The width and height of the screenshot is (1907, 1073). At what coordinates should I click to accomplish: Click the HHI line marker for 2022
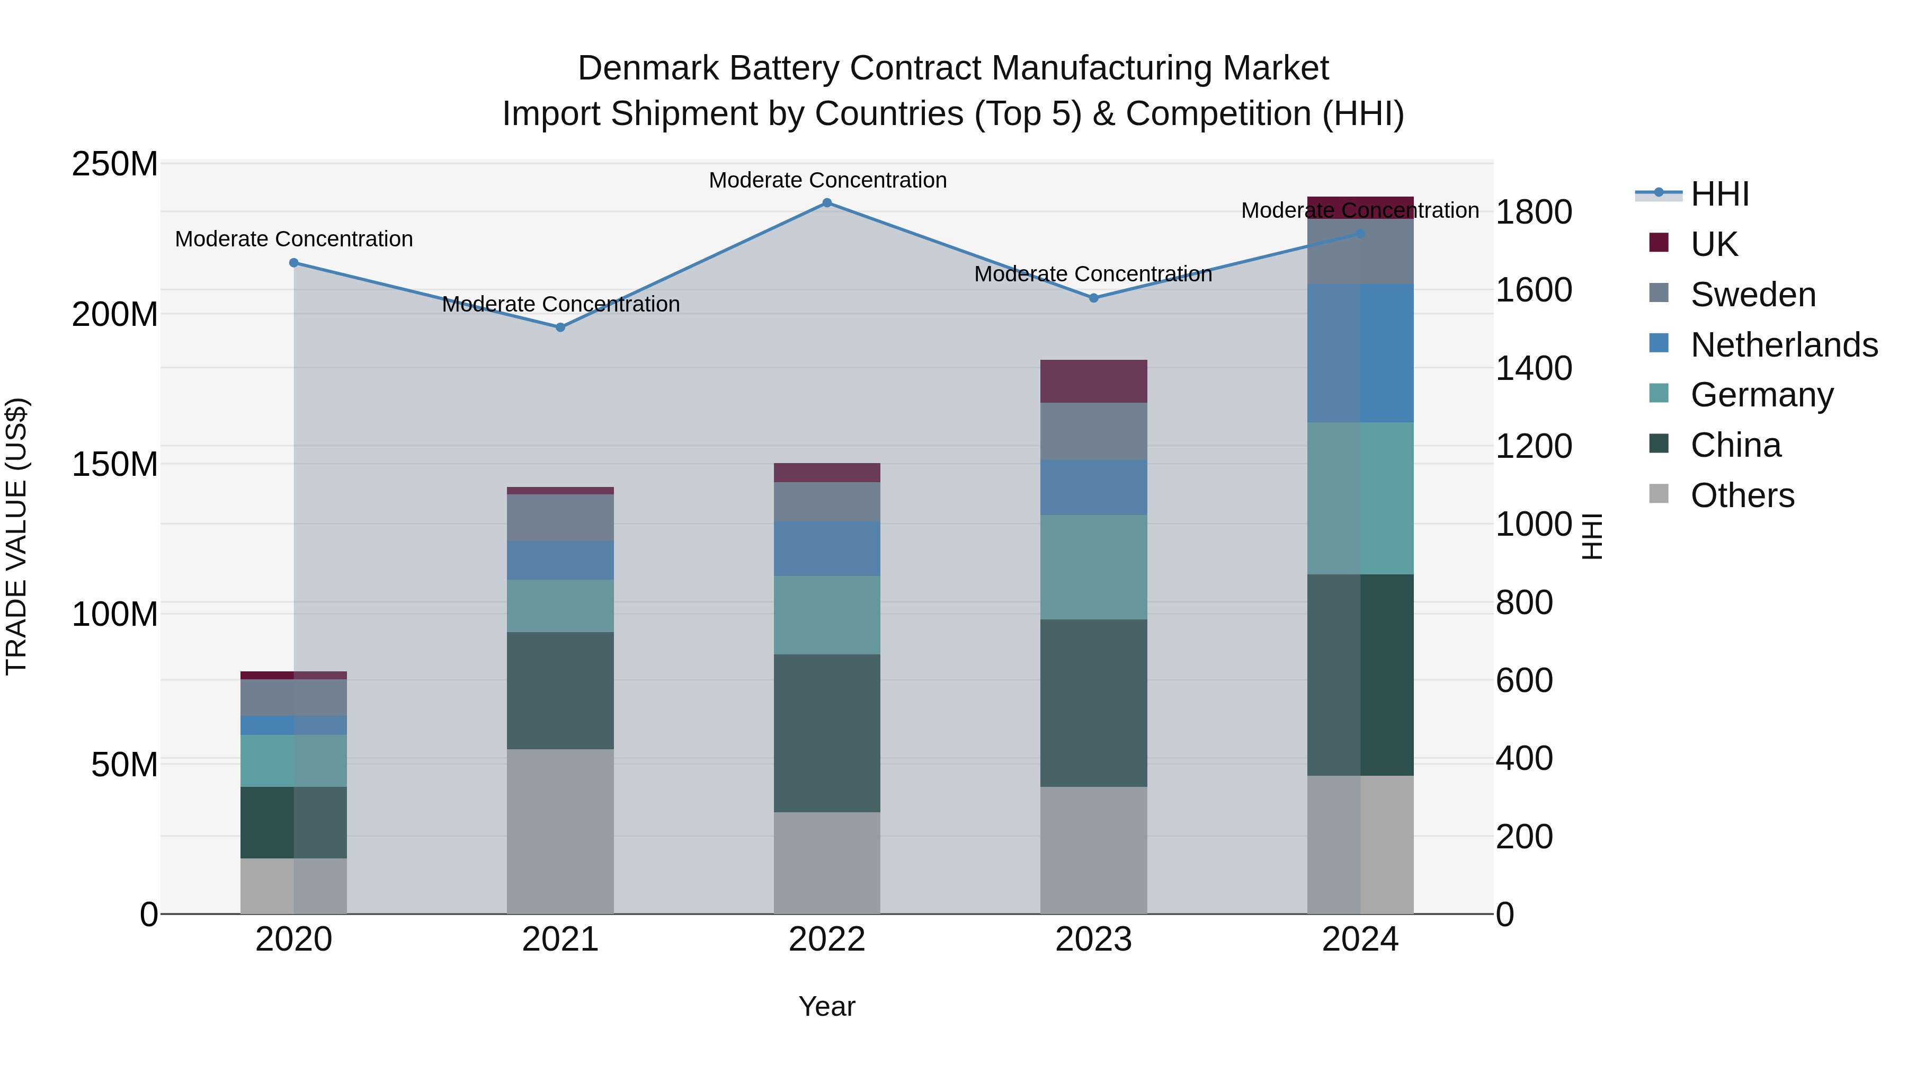(827, 203)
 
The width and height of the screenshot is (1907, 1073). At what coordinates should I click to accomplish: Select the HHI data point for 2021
(560, 327)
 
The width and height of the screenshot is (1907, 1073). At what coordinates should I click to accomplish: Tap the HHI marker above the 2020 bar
(294, 263)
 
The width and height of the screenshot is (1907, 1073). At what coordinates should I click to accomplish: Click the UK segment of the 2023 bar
(1093, 382)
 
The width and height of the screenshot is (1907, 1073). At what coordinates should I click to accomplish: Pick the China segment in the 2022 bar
(827, 733)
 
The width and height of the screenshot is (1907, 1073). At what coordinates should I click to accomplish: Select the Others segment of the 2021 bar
(560, 831)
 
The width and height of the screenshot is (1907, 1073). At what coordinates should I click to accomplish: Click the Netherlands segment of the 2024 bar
(1360, 353)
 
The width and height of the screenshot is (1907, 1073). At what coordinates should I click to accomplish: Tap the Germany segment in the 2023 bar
(1093, 567)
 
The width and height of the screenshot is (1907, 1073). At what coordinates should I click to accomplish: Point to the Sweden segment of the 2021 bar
(560, 518)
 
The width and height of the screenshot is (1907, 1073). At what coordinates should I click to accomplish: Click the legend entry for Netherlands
(1784, 345)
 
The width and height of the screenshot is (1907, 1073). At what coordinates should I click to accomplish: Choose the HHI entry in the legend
(1719, 194)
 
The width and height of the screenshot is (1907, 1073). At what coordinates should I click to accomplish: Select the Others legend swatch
(1659, 494)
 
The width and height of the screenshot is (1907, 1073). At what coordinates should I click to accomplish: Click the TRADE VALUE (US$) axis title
(16, 536)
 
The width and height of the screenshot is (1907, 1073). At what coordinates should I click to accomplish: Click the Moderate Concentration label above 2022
(827, 180)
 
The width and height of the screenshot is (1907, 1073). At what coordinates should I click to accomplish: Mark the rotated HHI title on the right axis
(1592, 536)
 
